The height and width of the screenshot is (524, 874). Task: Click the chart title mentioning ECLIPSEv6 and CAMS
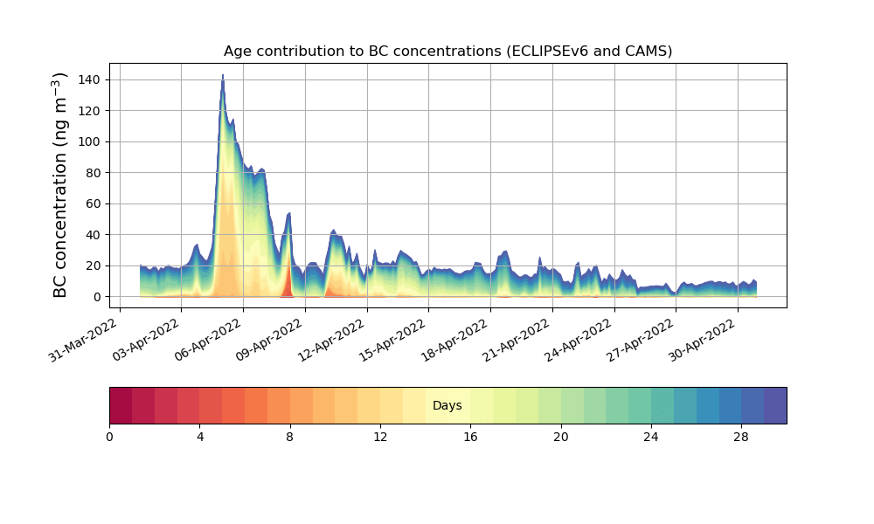pos(447,51)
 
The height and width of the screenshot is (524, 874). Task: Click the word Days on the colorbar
pos(447,406)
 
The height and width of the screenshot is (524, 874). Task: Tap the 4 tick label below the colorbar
pos(199,437)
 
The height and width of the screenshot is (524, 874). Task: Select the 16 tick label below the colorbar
pos(470,437)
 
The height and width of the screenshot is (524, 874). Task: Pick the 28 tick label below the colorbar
pos(741,437)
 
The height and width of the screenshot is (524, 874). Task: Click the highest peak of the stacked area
pos(223,76)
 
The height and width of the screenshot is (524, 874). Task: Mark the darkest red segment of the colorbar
pos(121,405)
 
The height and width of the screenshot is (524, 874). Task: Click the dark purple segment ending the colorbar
pos(775,405)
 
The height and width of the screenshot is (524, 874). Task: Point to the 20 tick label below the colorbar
pos(560,437)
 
